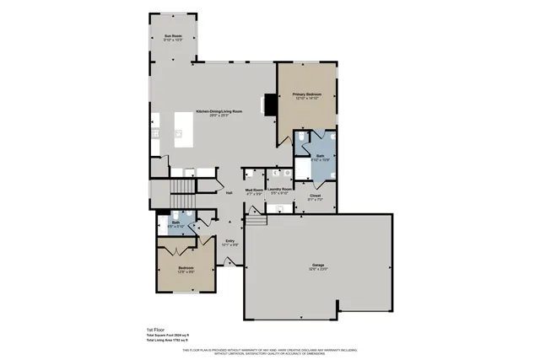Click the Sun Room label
click(173, 35)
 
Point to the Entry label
click(230, 240)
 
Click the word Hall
click(229, 193)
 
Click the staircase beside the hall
click(182, 187)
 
